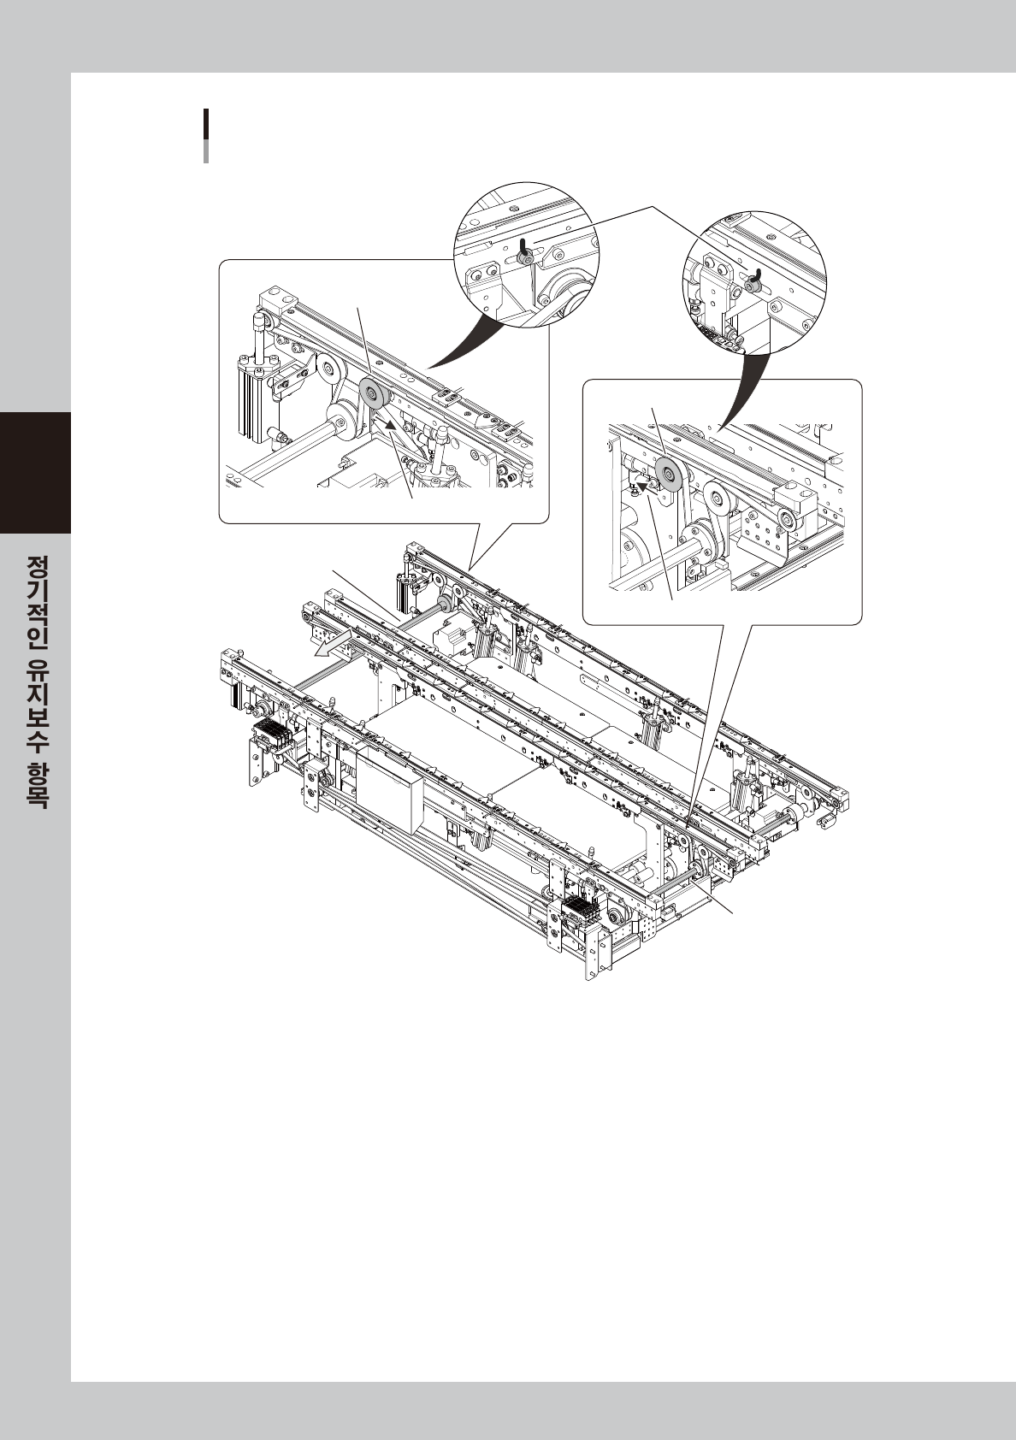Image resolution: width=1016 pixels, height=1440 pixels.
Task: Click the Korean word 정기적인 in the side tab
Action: (37, 602)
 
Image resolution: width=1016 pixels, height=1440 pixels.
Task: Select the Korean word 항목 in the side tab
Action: (37, 783)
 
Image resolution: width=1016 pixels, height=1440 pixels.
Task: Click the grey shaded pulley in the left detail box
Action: (374, 395)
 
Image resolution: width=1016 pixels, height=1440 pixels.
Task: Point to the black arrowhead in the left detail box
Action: (389, 422)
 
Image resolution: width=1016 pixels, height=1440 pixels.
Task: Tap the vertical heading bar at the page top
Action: (206, 135)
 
